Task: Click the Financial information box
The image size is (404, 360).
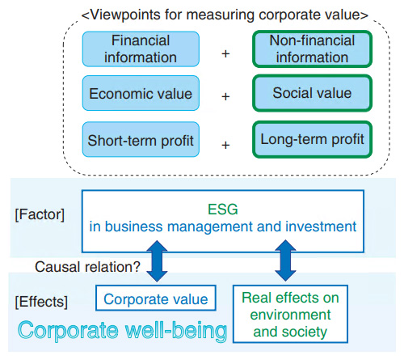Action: [x=141, y=49]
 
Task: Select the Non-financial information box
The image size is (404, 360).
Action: [x=312, y=49]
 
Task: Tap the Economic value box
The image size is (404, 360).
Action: [x=141, y=93]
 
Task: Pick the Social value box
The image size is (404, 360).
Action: [x=312, y=93]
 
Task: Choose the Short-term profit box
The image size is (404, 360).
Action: [x=141, y=139]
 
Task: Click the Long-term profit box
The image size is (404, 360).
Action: [x=312, y=139]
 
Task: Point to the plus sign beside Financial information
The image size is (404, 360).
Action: [x=225, y=54]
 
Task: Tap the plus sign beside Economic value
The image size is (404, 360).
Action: [x=225, y=96]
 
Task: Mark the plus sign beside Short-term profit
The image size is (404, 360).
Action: [x=225, y=146]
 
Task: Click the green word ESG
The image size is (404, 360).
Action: [x=223, y=210]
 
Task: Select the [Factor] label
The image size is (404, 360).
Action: [x=40, y=215]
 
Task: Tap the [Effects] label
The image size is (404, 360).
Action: [x=41, y=302]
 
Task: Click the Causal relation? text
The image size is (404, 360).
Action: [x=87, y=267]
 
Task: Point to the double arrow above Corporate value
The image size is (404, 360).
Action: [x=157, y=261]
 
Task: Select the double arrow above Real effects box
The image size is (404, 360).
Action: [x=285, y=260]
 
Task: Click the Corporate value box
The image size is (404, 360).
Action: [x=156, y=298]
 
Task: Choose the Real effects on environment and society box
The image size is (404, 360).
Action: [x=290, y=314]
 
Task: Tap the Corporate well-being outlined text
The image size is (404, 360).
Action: [x=123, y=331]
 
